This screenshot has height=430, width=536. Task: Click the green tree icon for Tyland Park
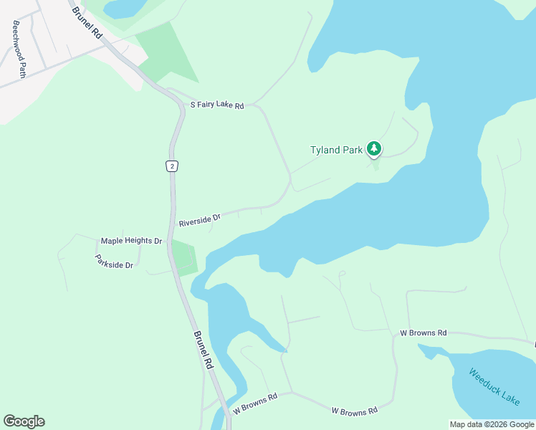tap(373, 148)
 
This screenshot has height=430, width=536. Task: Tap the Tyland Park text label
tap(335, 150)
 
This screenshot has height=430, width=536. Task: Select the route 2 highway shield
tap(171, 166)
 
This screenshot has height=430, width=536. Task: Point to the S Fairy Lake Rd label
tap(216, 105)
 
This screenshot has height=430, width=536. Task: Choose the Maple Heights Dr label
tap(131, 241)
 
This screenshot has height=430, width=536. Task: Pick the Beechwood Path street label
tap(19, 49)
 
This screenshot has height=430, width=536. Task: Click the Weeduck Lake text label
tap(494, 386)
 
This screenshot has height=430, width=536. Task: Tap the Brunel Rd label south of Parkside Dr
tap(204, 350)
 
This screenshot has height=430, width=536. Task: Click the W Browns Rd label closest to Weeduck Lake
tap(423, 333)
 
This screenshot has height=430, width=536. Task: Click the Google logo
tap(24, 421)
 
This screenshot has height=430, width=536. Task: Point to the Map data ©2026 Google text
tap(491, 424)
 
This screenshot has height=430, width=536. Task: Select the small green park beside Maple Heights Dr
tap(183, 258)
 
